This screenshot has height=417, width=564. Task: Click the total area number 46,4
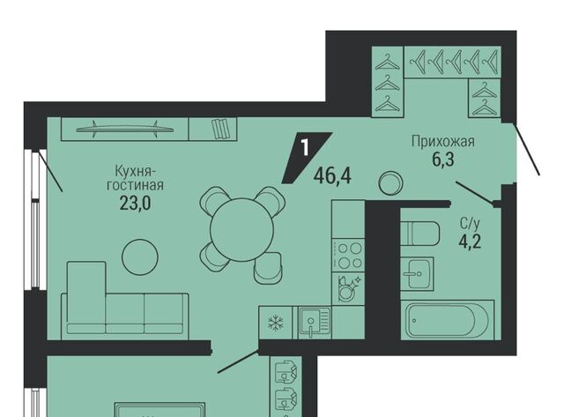click(x=332, y=176)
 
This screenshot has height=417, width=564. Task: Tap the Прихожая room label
click(x=443, y=141)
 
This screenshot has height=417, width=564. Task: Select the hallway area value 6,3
click(x=443, y=160)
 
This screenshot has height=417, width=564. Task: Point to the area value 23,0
click(x=135, y=204)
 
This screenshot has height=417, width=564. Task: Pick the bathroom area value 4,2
click(x=470, y=242)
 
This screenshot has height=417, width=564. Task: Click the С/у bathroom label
click(x=470, y=224)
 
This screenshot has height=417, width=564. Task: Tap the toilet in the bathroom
click(x=419, y=233)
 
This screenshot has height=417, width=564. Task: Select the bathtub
click(x=448, y=321)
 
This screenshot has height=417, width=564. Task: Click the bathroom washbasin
click(x=417, y=273)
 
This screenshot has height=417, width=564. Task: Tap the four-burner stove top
click(x=348, y=256)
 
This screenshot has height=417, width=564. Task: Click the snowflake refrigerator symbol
click(x=276, y=322)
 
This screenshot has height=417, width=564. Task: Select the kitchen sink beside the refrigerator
click(x=314, y=323)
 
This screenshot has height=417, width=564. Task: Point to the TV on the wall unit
click(x=125, y=130)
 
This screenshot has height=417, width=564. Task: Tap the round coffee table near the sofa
click(x=140, y=257)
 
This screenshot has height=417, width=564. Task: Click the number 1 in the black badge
click(x=305, y=147)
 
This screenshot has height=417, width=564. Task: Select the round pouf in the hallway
click(x=390, y=183)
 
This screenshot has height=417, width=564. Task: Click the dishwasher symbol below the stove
click(x=347, y=288)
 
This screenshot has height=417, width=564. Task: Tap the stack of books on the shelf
click(x=220, y=129)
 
